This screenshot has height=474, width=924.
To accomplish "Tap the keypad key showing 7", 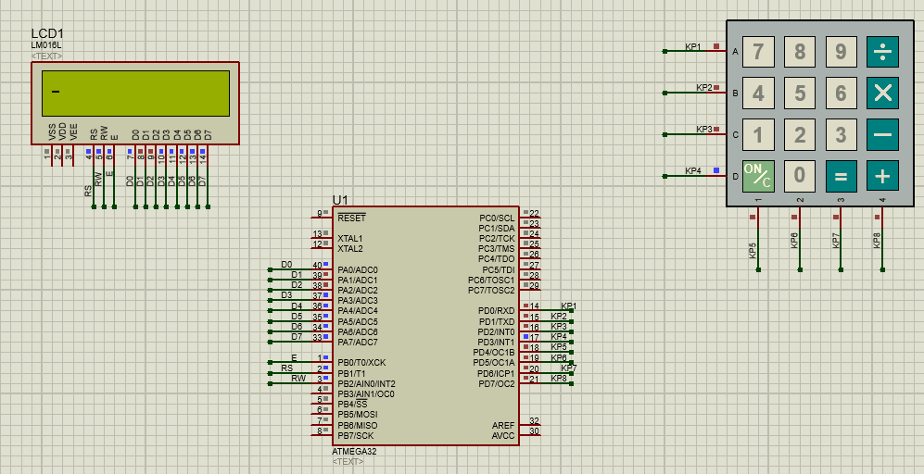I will [x=758, y=52].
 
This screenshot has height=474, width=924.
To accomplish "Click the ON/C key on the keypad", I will [x=758, y=175].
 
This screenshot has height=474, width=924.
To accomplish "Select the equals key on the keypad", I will [x=841, y=175].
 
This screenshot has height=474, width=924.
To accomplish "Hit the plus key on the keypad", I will [x=882, y=175].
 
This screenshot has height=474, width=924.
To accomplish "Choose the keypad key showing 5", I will [x=799, y=94].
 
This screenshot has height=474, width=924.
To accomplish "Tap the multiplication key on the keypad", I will [x=882, y=94].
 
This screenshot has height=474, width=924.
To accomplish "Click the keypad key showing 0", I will [x=799, y=175].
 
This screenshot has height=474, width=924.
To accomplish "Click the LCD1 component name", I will [x=47, y=33].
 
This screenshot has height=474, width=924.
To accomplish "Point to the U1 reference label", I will [x=340, y=200].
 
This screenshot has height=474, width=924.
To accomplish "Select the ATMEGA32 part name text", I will [x=353, y=451].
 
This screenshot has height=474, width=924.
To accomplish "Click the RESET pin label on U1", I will [x=351, y=218].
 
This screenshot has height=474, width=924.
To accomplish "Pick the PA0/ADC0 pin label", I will [x=358, y=269].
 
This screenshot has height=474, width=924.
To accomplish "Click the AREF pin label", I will [x=503, y=425].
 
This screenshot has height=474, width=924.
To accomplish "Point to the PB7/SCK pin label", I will [x=356, y=435].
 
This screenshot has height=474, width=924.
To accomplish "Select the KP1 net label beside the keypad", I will [x=692, y=46].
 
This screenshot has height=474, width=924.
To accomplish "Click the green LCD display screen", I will [x=135, y=94].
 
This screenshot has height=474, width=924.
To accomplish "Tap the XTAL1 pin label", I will [x=350, y=239].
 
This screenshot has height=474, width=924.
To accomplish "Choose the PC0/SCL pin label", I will [x=497, y=218].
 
